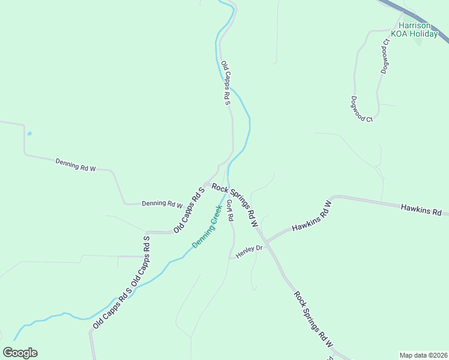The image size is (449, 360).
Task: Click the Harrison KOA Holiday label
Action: tap(414, 30)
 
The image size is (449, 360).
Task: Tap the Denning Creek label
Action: tap(207, 227)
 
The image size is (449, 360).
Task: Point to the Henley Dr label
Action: tap(249, 251)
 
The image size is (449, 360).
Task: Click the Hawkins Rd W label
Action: tap(312, 215)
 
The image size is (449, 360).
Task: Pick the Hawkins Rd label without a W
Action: tap(421, 210)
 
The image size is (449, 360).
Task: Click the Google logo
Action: tap(20, 353)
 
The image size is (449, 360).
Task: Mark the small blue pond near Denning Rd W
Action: tap(29, 133)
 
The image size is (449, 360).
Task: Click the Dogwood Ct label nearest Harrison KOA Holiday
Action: tap(385, 56)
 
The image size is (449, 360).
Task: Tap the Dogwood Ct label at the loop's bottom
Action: tap(363, 109)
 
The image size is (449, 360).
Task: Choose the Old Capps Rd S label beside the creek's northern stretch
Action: tap(226, 83)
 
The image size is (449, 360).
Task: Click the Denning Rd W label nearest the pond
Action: tap(76, 165)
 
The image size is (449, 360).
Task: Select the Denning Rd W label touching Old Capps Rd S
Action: tap(162, 203)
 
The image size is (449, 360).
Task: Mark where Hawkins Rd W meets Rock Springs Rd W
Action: tap(266, 241)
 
